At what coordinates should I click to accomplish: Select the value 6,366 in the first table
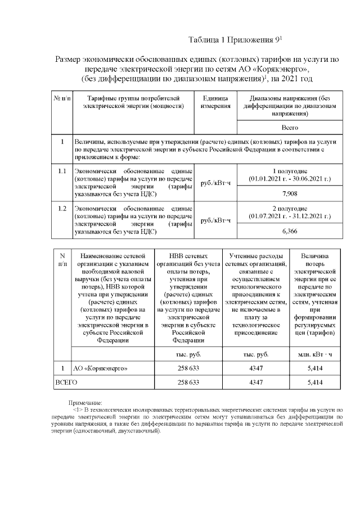point(289,231)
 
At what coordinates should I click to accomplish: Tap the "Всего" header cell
point(289,128)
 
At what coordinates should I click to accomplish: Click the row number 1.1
point(62,170)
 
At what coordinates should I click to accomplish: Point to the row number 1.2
point(62,209)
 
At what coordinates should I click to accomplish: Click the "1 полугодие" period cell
point(289,174)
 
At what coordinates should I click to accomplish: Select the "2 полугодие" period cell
point(289,212)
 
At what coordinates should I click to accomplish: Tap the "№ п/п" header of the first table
point(62,98)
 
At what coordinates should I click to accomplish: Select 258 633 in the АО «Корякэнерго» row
point(188,368)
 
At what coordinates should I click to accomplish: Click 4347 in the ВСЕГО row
point(256,382)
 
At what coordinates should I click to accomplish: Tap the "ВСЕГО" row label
point(66,382)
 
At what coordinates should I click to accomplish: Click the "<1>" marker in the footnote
point(78,411)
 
